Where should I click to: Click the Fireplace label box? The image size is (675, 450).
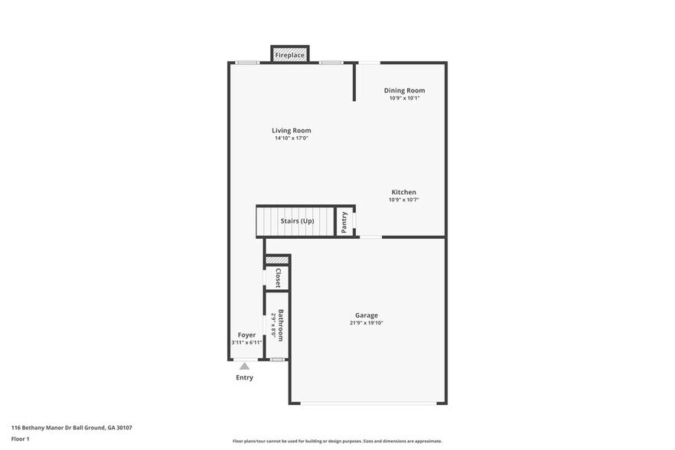point(290,55)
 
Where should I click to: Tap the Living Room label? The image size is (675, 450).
point(292,130)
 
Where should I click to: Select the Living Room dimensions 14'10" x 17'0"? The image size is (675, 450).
point(292,139)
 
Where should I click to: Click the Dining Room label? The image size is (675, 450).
point(404,90)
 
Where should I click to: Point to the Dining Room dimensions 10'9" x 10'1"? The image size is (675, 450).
point(404,98)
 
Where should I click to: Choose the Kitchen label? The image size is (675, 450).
point(404,192)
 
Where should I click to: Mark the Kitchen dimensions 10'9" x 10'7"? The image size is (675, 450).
point(404,200)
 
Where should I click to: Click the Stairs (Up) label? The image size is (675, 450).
point(297,221)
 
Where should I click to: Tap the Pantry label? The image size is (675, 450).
point(345,221)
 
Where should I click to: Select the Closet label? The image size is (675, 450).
point(278,278)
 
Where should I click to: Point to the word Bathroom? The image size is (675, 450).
point(281,325)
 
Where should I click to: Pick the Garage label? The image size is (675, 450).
point(367,315)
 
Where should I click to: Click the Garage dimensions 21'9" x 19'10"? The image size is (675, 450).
point(367,323)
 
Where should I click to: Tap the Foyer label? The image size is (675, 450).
point(246,334)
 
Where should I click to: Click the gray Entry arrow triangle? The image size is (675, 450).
point(244,367)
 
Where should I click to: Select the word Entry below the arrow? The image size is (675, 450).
point(244,377)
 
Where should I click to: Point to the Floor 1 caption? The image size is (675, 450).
point(20,439)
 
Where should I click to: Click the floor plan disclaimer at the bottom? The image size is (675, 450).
point(337,441)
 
